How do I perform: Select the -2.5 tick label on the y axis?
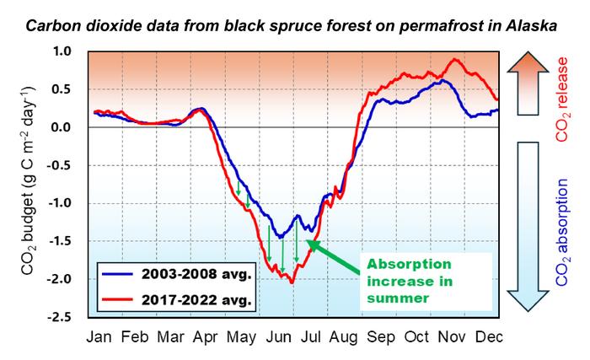(67, 318)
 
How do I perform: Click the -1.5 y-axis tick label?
(67, 242)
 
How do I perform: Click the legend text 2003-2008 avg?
(193, 276)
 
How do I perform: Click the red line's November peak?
(455, 60)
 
